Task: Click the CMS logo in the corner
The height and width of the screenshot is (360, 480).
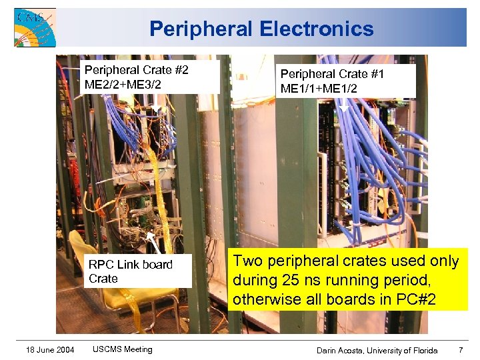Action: [35, 27]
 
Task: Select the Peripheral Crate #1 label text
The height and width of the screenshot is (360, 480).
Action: [332, 74]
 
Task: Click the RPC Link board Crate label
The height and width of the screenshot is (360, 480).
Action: [131, 271]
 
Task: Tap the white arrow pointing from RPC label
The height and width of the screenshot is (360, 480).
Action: [155, 243]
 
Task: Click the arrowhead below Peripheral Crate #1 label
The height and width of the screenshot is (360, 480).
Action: [344, 107]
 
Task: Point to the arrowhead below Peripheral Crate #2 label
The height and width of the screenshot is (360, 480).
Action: [154, 105]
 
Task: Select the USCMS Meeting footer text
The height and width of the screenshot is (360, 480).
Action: [123, 349]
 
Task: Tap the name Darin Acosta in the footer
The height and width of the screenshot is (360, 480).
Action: [339, 351]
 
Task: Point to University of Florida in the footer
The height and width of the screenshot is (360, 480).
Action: [404, 351]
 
